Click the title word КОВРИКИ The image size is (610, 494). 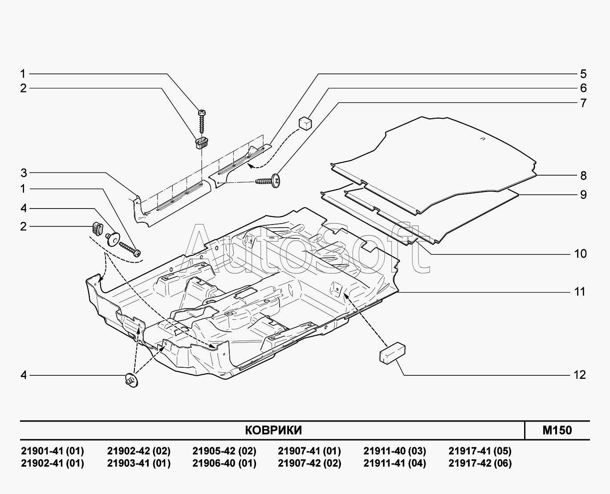tap(273, 430)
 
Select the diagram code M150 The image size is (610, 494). tap(557, 430)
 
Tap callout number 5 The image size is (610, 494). tap(583, 74)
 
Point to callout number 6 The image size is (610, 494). tap(583, 88)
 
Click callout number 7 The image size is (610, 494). tap(583, 103)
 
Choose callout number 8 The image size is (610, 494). tap(583, 176)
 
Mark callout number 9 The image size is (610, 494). tap(583, 195)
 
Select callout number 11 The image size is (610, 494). tap(580, 292)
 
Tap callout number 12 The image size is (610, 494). tap(580, 375)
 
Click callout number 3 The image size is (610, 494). tap(24, 173)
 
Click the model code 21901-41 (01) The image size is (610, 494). tap(53, 451)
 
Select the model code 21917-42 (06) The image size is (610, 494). tap(480, 463)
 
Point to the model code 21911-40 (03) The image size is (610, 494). tap(394, 451)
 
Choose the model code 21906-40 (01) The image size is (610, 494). tap(224, 463)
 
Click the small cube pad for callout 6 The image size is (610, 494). tap(305, 123)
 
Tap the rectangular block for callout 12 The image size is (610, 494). tap(392, 353)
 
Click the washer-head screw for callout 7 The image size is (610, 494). tap(268, 181)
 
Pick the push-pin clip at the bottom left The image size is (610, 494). tap(131, 381)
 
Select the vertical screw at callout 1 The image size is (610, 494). tap(202, 121)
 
